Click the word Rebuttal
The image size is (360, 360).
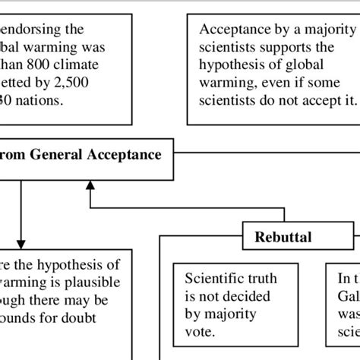(x=283, y=236)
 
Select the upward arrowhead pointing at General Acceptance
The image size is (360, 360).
(x=90, y=185)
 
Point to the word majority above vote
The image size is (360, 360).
(x=229, y=313)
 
